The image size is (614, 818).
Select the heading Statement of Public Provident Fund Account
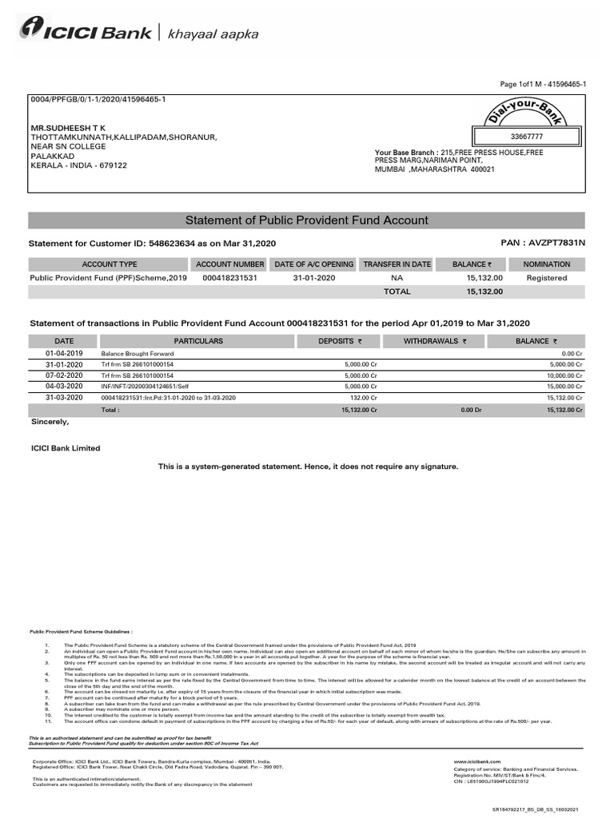[x=306, y=220]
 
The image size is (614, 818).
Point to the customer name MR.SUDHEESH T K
[x=68, y=128]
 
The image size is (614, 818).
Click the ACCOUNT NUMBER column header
[x=229, y=264]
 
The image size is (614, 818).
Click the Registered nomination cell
[x=546, y=278]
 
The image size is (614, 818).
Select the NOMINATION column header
[x=546, y=264]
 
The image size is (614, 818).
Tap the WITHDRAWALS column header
[x=435, y=341]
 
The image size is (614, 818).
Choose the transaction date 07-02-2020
[x=64, y=375]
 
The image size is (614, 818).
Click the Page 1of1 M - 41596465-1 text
[x=543, y=84]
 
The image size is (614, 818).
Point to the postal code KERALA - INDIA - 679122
[x=78, y=165]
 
